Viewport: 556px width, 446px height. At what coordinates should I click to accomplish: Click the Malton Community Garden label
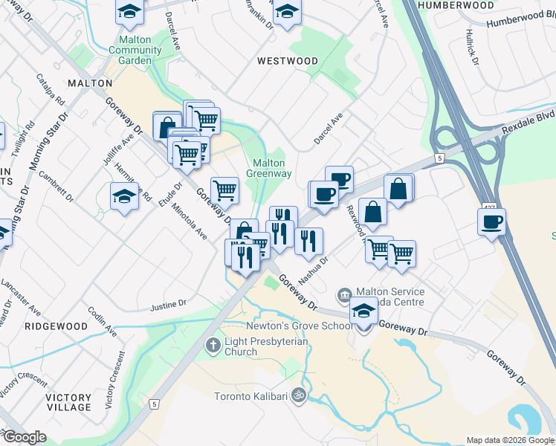point(135,50)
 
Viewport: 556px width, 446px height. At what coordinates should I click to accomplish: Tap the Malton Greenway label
point(268,168)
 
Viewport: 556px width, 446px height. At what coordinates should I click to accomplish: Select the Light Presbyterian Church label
point(241,346)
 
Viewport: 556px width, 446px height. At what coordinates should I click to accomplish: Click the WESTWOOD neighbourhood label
point(288,60)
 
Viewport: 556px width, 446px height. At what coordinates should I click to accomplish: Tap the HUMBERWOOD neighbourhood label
point(456,5)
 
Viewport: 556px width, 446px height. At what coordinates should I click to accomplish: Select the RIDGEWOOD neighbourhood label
point(56,326)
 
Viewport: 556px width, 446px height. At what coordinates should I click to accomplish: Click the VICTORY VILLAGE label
point(68,402)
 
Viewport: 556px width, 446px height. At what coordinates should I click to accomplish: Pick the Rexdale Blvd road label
point(528,119)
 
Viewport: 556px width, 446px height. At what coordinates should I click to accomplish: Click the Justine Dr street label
point(168,305)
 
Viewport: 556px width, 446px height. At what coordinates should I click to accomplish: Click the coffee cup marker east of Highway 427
point(492,222)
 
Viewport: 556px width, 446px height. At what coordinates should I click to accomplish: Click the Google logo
point(24,437)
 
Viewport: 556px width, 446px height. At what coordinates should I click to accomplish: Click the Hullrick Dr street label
point(471,48)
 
